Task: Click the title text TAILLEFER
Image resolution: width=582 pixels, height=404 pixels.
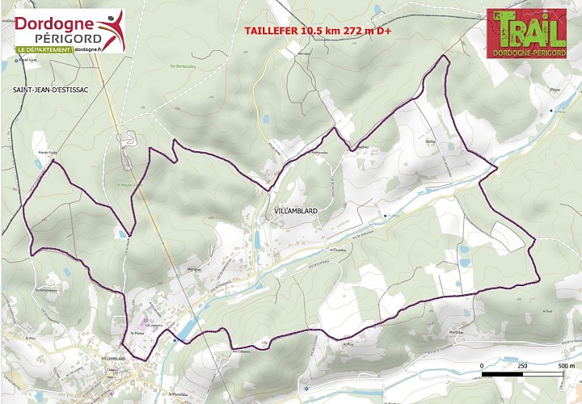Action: (x=271, y=32)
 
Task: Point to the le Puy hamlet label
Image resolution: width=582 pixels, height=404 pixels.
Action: (x=349, y=343)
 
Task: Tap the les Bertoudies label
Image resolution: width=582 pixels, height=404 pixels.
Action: (x=183, y=67)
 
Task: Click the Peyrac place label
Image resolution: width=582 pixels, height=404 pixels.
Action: (x=555, y=90)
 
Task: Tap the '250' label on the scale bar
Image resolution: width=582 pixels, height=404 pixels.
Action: (x=521, y=366)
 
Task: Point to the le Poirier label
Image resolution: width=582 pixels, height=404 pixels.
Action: (x=136, y=332)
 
